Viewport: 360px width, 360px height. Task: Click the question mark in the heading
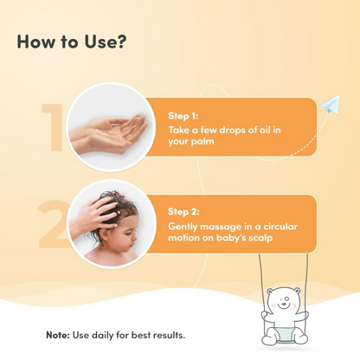pos(121,42)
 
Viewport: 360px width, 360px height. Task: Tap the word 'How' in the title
pos(36,42)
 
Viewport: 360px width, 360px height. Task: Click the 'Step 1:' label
pos(183,116)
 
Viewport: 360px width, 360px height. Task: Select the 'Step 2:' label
pos(183,212)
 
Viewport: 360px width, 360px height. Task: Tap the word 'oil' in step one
pos(265,130)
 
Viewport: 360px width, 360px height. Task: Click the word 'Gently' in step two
pos(183,227)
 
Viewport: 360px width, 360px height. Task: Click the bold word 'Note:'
pos(58,335)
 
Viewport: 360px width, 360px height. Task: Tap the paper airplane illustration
pos(331,105)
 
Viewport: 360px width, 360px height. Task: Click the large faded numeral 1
pos(54,127)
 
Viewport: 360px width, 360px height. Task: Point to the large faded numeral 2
pos(54,223)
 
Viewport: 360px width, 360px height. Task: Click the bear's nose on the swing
pos(284,304)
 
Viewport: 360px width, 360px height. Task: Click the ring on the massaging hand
pos(100,220)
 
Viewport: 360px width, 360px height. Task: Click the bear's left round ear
pos(269,292)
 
